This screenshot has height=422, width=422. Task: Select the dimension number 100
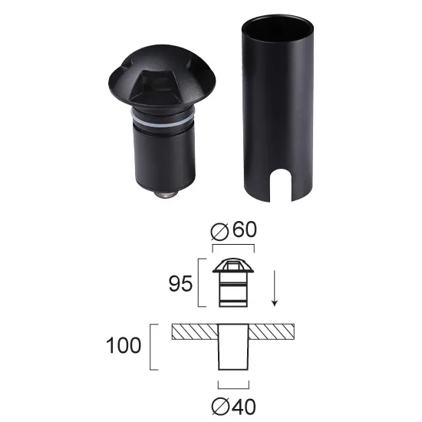[125, 345]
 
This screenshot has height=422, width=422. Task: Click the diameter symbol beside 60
[217, 230]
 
